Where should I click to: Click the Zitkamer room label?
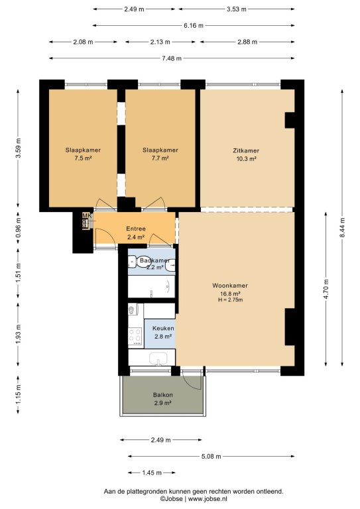pos(246,150)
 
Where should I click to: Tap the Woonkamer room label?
pos(230,286)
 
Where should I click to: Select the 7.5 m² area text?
pos(83,158)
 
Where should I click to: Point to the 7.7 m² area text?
pos(160,158)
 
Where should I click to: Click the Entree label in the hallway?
pos(136,229)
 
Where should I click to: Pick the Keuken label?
pos(163,329)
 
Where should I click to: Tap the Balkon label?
pos(162,395)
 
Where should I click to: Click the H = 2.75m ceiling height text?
pos(230,300)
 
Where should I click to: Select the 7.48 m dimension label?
pos(172,58)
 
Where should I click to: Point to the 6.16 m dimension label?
pos(194,25)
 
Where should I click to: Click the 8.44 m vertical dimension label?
pos(342,227)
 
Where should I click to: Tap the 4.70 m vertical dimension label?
pos(326,288)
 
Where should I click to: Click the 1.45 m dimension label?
pos(152,473)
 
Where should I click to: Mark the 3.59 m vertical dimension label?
pos(18,148)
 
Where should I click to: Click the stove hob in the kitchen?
pos(135,336)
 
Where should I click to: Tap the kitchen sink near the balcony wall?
pos(158,359)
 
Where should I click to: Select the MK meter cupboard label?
pos(86,215)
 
